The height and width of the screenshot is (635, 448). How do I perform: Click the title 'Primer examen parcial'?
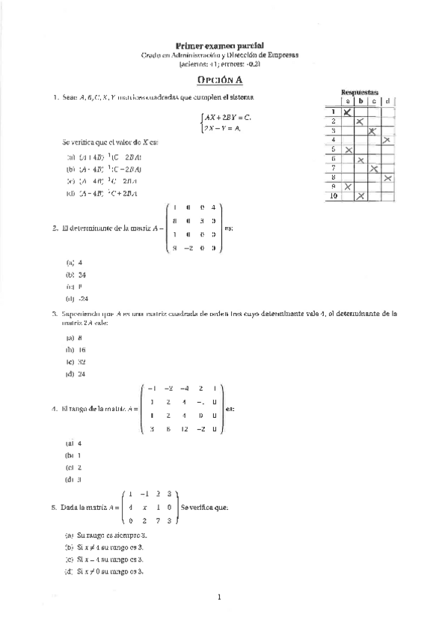(219, 46)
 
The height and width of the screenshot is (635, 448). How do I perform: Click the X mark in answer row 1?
(348, 112)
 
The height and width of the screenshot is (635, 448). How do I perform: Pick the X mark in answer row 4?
(387, 140)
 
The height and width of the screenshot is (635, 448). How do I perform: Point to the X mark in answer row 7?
(373, 168)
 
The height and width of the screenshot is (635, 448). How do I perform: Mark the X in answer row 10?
(360, 196)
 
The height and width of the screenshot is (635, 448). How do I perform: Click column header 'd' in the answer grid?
(387, 100)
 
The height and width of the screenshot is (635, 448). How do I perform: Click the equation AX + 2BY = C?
(227, 118)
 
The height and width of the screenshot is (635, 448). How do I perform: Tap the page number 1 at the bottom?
(219, 598)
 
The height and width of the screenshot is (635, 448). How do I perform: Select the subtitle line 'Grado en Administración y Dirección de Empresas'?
(219, 55)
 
